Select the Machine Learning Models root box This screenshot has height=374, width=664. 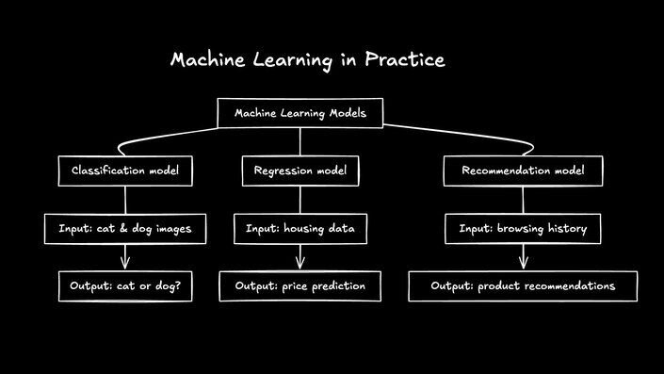(x=300, y=113)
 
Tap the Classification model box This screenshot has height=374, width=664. (x=125, y=171)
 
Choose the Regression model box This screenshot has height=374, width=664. (x=300, y=171)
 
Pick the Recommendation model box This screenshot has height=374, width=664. (x=523, y=171)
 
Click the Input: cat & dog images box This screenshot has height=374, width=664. (x=125, y=229)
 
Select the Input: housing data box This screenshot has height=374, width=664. (x=300, y=229)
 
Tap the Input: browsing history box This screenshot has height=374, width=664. (x=523, y=229)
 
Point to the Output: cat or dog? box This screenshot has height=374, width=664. (x=125, y=285)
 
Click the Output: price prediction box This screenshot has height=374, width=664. (x=300, y=285)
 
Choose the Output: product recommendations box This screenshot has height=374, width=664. (x=523, y=285)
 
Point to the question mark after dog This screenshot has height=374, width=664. (x=179, y=285)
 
